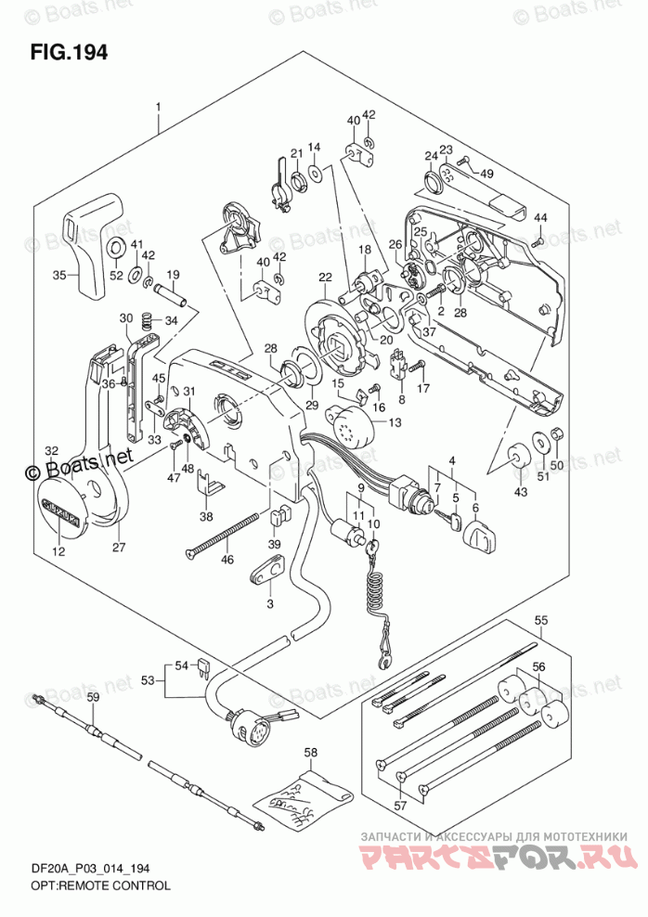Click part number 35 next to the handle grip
tap(59, 276)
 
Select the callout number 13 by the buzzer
tap(394, 423)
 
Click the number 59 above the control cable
tap(92, 698)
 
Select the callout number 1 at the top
tap(159, 108)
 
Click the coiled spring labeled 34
tap(147, 322)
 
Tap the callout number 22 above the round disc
tap(325, 278)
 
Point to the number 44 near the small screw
tap(539, 217)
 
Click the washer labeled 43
tap(516, 455)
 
